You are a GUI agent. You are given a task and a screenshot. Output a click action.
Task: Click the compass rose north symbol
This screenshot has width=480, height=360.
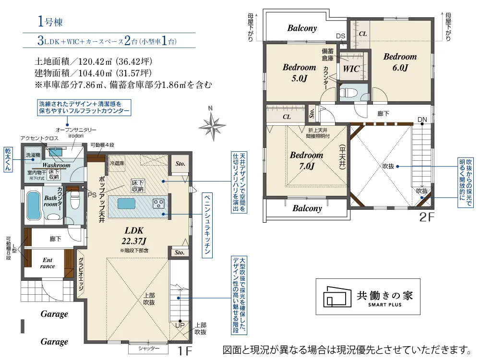(212, 125)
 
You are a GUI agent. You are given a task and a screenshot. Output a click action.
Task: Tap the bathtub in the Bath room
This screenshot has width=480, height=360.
(33, 205)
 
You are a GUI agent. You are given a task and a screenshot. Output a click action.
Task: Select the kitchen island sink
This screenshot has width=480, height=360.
(126, 204)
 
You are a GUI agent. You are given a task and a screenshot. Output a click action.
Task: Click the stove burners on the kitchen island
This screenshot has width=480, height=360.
(158, 204)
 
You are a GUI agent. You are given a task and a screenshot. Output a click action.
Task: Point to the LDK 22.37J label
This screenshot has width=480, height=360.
(134, 236)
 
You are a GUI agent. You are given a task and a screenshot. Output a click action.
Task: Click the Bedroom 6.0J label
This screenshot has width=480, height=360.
(400, 62)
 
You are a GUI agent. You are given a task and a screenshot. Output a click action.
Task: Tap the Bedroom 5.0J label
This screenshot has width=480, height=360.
(299, 72)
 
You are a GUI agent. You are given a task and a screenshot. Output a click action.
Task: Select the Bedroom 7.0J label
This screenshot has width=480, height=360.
(306, 160)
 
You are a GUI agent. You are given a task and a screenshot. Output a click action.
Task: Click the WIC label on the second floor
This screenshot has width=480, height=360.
(351, 69)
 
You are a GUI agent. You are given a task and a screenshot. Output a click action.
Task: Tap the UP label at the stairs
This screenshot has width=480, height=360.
(180, 325)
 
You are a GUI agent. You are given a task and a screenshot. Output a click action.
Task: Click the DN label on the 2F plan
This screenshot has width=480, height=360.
(422, 120)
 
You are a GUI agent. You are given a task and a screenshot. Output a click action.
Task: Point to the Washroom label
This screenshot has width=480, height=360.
(56, 165)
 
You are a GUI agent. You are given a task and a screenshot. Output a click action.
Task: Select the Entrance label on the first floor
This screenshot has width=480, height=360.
(48, 263)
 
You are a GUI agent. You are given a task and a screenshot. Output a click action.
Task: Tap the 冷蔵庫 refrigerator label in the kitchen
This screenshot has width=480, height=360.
(117, 163)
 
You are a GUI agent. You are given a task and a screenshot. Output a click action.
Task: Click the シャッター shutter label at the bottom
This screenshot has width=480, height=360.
(149, 348)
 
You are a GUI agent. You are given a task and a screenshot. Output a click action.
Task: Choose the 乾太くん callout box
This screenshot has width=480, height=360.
(8, 159)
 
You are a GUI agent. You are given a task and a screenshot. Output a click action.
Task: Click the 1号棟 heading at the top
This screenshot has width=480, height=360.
(50, 22)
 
